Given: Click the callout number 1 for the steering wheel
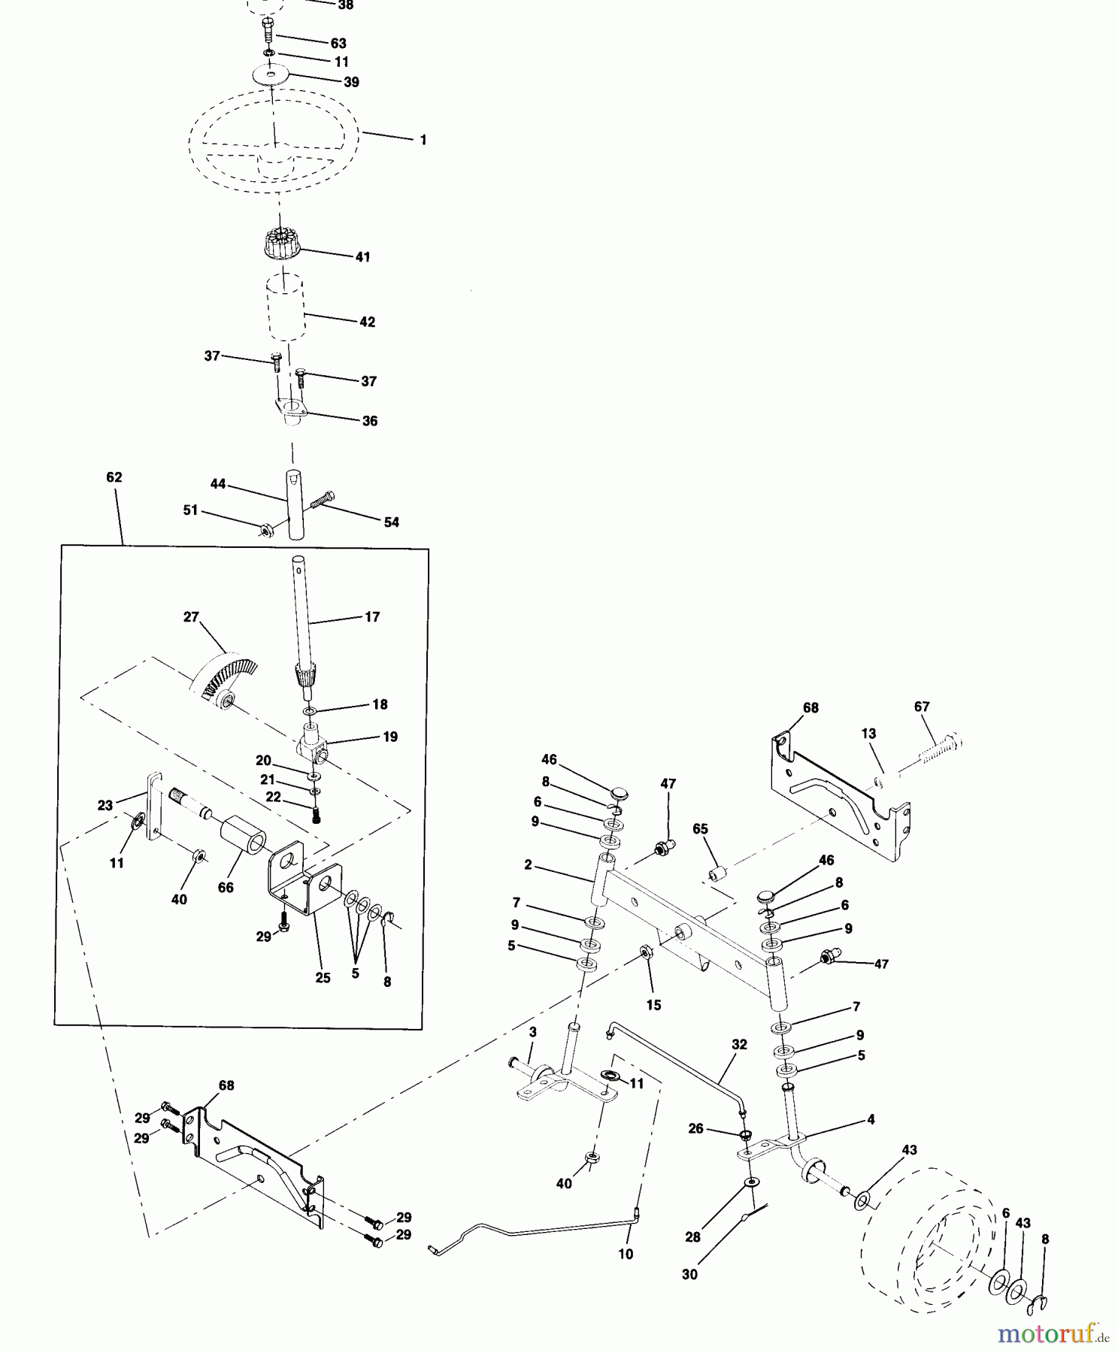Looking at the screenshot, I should pos(423,140).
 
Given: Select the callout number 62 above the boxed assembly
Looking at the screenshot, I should pos(114,477).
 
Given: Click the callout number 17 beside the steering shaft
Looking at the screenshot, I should pos(372,616).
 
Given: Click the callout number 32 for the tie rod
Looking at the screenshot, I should pos(739,1044).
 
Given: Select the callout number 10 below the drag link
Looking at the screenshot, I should pos(626,1254).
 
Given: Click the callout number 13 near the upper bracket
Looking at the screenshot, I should pos(869,734).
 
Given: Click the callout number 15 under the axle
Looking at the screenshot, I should pos(653,1005).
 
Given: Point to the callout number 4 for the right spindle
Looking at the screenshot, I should pos(871,1119).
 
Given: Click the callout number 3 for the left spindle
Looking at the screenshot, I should pos(532,1032).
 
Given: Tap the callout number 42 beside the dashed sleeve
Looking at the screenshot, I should pos(367,322).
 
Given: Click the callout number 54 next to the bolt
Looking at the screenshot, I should pos(391,522).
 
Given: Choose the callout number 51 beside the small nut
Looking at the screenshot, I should pos(191,510).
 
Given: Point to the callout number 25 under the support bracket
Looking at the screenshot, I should pos(323,978).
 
